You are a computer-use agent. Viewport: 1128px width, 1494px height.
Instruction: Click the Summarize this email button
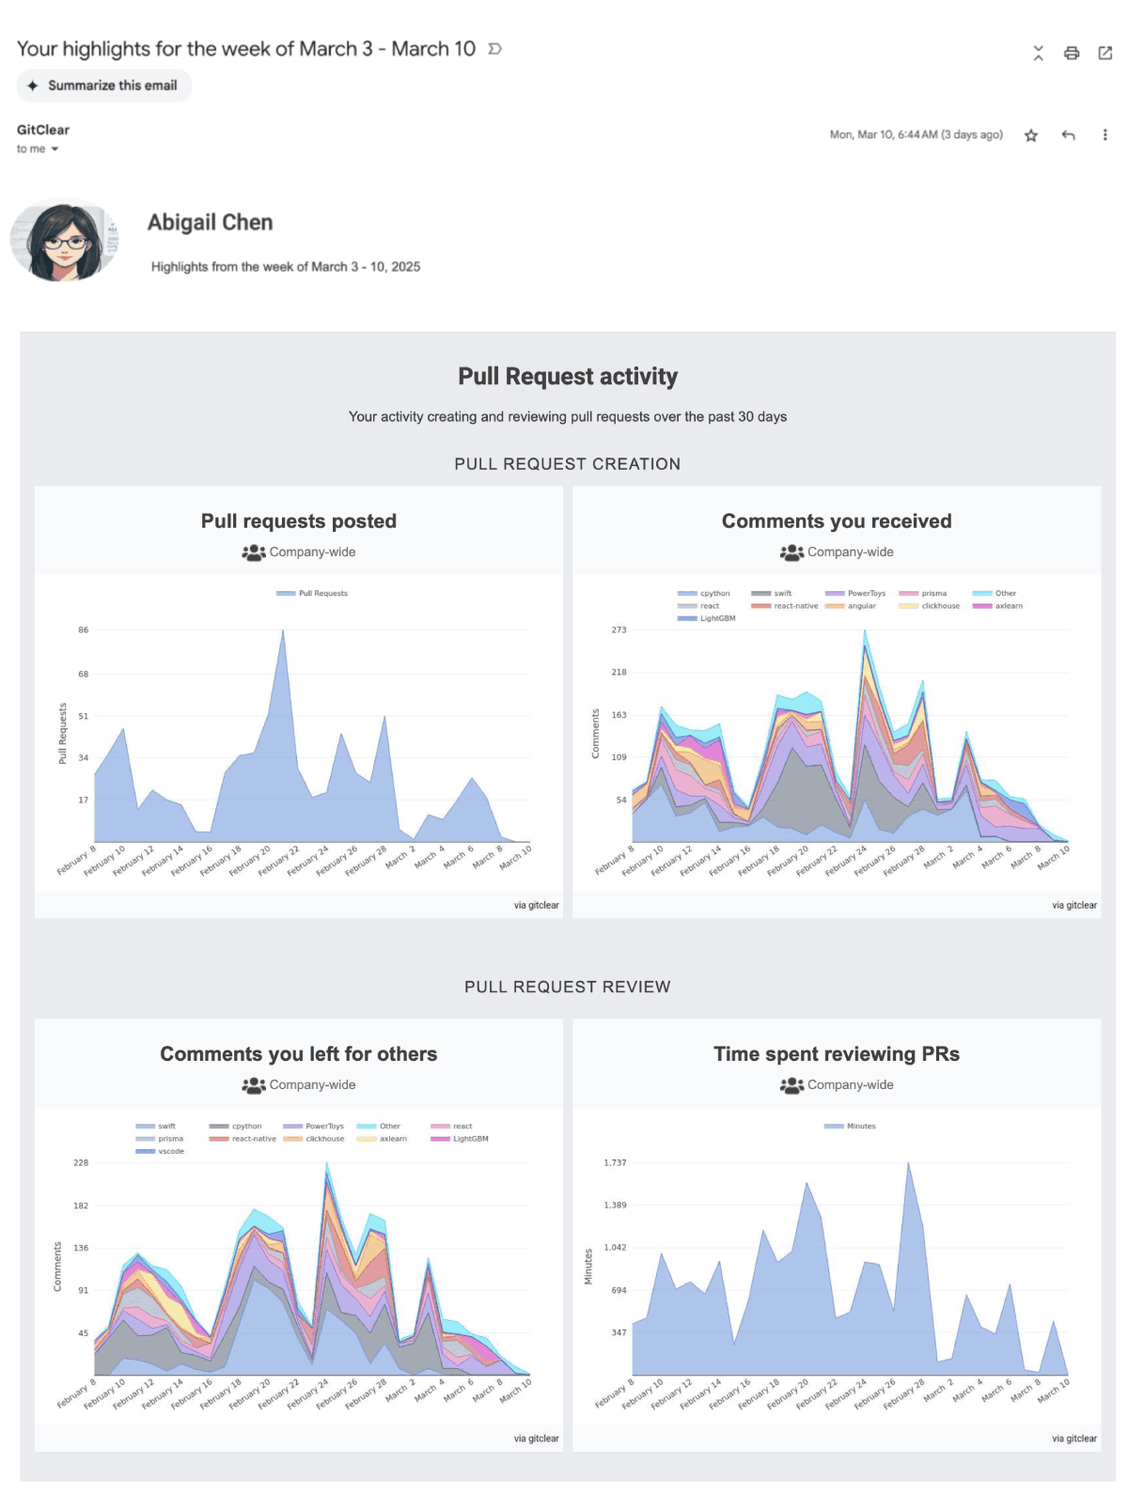(103, 86)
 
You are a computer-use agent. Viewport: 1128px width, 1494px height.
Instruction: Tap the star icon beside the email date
(1030, 135)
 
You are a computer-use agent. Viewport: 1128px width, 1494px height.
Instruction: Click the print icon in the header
(1071, 54)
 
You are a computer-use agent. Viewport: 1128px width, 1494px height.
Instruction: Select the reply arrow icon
(1068, 135)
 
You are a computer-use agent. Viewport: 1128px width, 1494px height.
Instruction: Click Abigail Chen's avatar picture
(64, 242)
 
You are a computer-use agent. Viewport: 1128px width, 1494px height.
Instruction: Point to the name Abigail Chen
(210, 223)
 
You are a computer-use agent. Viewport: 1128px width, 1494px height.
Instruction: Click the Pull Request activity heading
(567, 377)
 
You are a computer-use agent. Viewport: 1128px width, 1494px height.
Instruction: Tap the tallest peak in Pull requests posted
(283, 632)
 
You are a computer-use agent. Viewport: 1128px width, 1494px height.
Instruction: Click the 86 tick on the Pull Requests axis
(84, 630)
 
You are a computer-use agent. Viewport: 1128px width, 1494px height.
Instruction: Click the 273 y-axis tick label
(619, 630)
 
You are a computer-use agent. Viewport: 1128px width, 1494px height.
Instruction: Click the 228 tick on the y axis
(81, 1163)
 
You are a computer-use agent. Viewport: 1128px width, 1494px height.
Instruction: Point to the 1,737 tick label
(615, 1163)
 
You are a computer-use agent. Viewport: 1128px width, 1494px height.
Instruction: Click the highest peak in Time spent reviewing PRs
(908, 1165)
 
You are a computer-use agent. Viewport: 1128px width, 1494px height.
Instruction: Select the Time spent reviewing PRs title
(836, 1054)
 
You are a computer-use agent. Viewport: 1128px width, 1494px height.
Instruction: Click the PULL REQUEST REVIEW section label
(567, 987)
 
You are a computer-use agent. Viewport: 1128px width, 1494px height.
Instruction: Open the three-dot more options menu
(1104, 135)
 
